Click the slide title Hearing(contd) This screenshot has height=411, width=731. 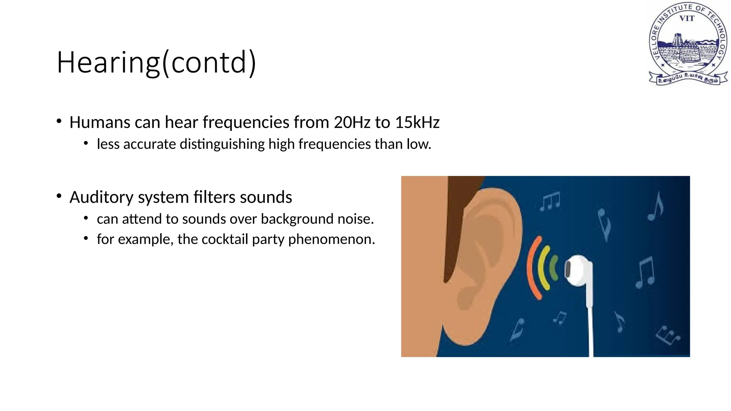[156, 62]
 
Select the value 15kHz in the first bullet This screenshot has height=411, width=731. [417, 122]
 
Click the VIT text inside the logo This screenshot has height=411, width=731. [687, 19]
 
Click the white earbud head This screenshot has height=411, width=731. [575, 270]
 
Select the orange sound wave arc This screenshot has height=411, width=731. [532, 268]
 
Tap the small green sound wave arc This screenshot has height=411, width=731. [554, 268]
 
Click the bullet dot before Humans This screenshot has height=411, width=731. [59, 121]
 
